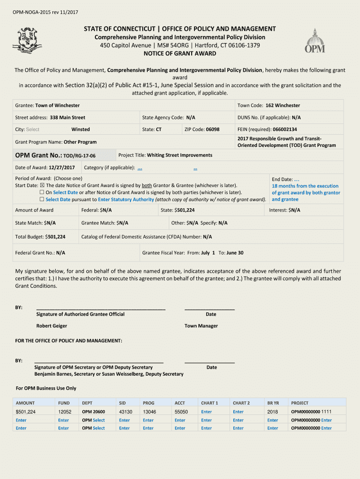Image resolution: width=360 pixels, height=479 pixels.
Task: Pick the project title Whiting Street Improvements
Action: point(179,155)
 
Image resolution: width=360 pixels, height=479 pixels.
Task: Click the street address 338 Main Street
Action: point(67,117)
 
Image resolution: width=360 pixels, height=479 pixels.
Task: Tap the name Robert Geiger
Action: point(51,326)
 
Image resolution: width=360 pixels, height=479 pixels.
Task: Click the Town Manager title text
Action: point(201,326)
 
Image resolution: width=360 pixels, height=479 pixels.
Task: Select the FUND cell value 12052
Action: point(65,412)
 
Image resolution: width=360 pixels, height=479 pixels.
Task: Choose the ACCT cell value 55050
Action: point(181,412)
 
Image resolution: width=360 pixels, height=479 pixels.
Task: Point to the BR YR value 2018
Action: point(273,412)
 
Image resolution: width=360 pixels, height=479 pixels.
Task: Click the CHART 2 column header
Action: point(241,403)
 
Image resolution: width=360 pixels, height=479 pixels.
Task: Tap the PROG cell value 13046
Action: point(149,412)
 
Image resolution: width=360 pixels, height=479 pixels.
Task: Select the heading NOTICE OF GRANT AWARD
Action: point(180,53)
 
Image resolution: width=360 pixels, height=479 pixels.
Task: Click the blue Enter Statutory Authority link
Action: point(126,199)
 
